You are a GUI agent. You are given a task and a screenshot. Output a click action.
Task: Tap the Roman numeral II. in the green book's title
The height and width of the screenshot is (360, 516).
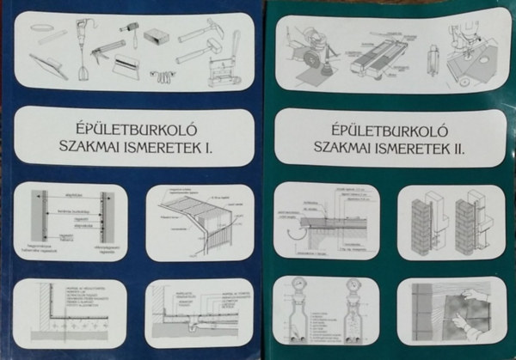tap(465, 148)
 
